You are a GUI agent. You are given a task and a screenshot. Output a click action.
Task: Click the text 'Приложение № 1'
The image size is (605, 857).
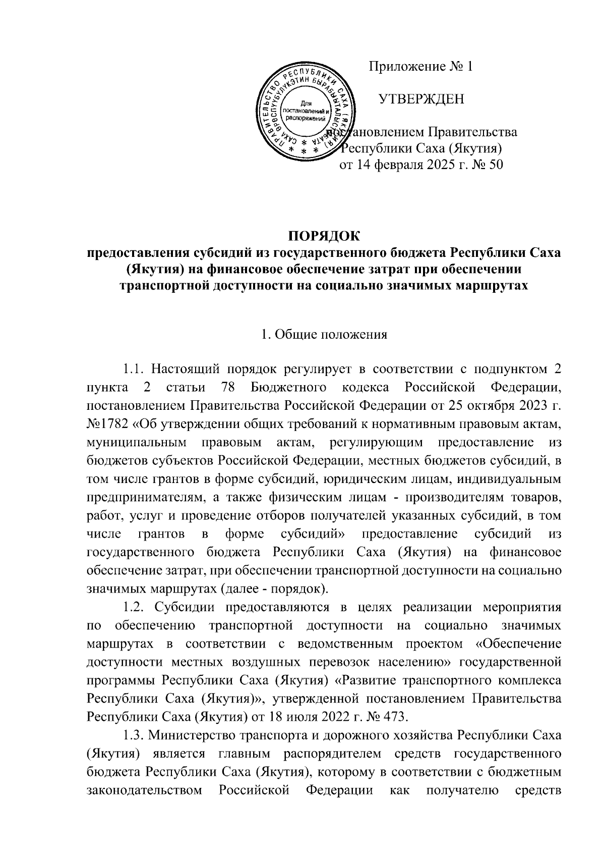421,67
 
